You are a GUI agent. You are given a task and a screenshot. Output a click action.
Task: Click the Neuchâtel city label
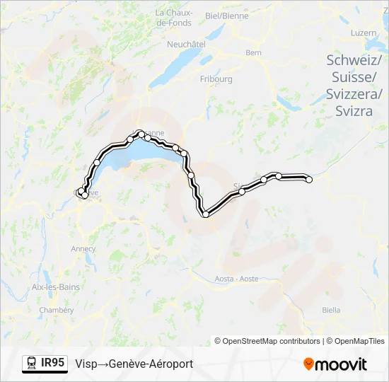click(186, 43)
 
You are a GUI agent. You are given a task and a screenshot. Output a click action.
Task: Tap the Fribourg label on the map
click(216, 79)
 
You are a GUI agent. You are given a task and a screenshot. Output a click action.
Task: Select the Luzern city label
click(363, 33)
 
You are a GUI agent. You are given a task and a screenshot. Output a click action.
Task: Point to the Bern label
click(253, 52)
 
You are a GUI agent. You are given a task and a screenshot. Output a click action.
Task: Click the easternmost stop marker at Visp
click(308, 179)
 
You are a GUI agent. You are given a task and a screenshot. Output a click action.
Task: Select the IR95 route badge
click(53, 363)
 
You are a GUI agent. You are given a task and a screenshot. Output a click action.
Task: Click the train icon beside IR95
click(32, 364)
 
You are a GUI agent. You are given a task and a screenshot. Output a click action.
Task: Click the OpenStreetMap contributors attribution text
click(267, 341)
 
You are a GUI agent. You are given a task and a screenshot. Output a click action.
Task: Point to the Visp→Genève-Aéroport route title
click(134, 364)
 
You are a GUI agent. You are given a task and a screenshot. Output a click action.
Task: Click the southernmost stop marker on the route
click(206, 214)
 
